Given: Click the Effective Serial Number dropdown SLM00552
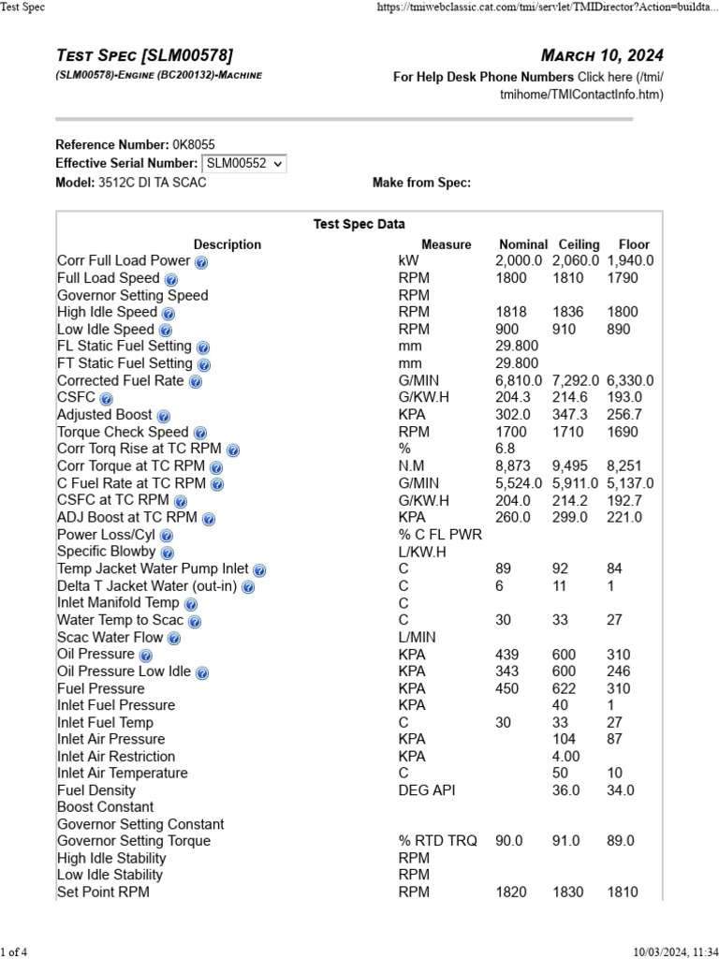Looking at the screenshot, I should click(244, 163).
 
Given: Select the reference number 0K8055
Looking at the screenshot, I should click(194, 144).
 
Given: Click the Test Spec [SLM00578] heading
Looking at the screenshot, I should click(145, 55).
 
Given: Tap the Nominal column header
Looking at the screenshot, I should click(523, 244).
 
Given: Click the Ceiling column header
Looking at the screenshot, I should click(579, 244).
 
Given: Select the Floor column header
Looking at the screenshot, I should click(634, 244).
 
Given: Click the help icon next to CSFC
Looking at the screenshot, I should click(106, 399).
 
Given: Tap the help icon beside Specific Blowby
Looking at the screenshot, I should click(167, 553).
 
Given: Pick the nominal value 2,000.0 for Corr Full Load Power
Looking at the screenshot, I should click(519, 261).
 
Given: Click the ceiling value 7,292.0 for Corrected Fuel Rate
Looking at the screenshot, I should click(576, 381).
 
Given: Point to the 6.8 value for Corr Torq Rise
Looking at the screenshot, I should click(505, 450).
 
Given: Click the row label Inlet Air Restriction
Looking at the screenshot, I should click(116, 757).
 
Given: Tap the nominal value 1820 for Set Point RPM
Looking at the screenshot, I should click(510, 893).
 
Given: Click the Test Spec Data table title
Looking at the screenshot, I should click(359, 224).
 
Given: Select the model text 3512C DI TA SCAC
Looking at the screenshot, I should click(152, 183).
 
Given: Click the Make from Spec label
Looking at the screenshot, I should click(421, 183).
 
